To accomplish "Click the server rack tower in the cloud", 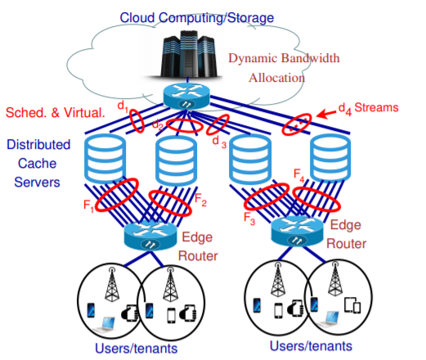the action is click(188, 55).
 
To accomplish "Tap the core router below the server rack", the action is click(186, 97).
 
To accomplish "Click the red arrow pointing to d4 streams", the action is click(326, 114).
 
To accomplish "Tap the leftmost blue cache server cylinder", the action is click(105, 159).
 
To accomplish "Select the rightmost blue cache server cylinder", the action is click(330, 157).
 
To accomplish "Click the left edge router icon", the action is click(150, 236).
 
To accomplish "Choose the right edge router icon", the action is click(297, 232).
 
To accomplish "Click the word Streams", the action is click(376, 107).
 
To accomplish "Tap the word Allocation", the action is click(276, 78).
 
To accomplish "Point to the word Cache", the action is click(38, 164).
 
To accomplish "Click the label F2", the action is click(200, 200).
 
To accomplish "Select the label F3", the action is click(249, 218).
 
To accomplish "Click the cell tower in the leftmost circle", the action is click(112, 284).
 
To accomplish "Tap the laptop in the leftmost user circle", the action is click(105, 324).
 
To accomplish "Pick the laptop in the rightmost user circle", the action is click(329, 318).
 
